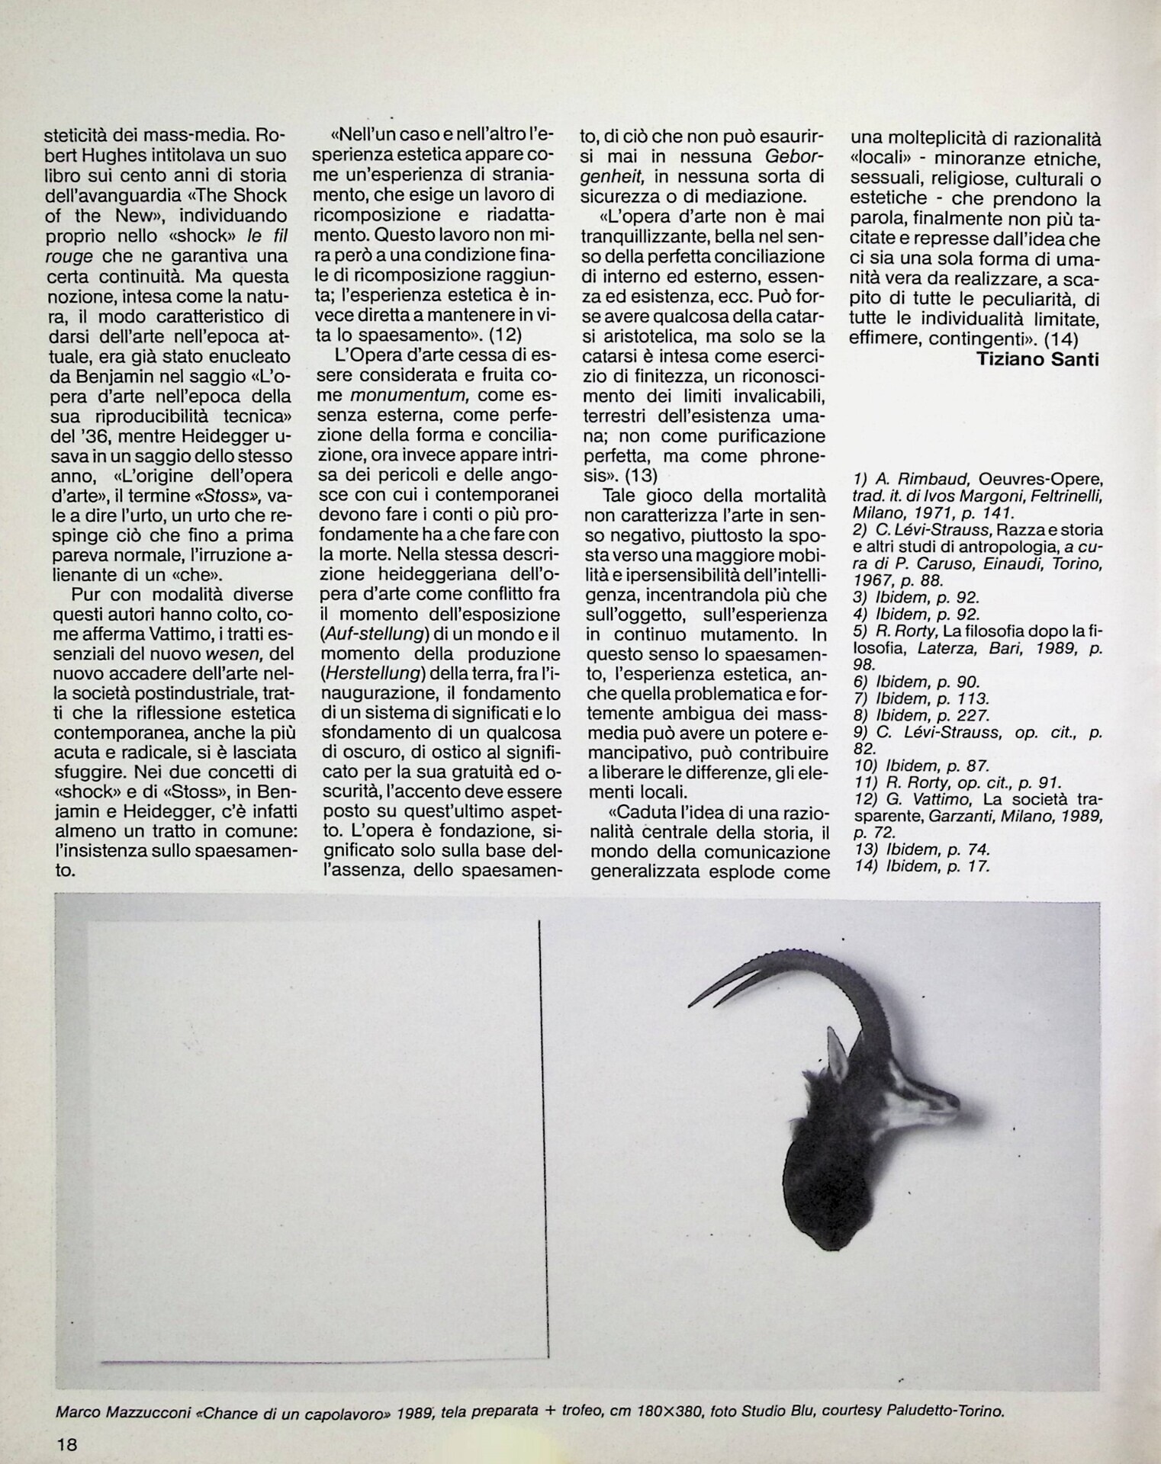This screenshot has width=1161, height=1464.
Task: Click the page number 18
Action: point(66,1443)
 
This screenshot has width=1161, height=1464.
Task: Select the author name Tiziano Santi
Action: point(1037,359)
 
